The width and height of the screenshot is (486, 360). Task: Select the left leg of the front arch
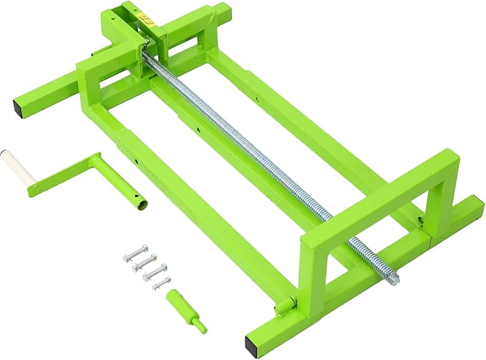coord(308,286)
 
